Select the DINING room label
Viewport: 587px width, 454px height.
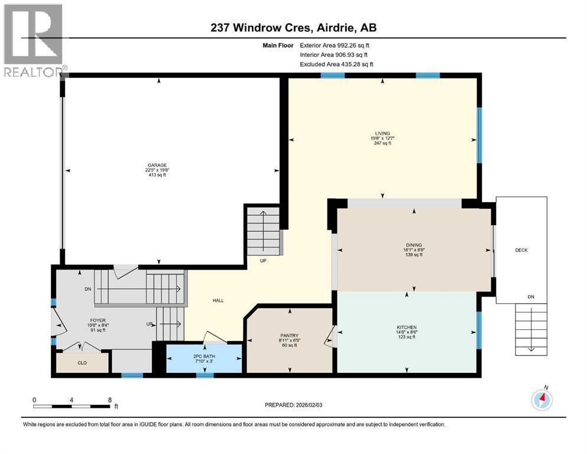click(414, 244)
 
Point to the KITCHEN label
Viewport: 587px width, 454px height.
click(407, 327)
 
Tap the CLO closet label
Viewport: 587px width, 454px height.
click(82, 362)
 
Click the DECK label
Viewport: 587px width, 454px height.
click(521, 250)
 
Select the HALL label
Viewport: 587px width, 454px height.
click(218, 301)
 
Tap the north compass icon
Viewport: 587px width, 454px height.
click(541, 400)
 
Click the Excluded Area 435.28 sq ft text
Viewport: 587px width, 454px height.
click(336, 64)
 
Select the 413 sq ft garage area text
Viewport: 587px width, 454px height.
click(156, 176)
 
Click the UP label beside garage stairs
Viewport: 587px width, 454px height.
click(263, 261)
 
